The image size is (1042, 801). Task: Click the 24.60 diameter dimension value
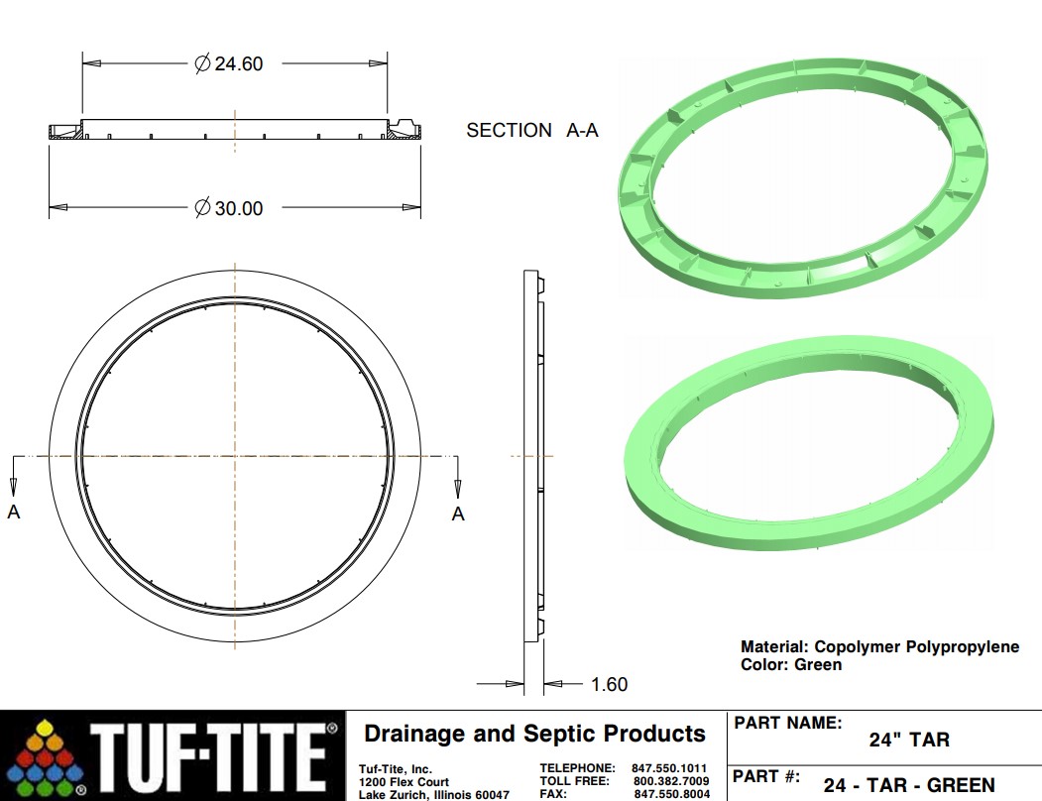(x=238, y=63)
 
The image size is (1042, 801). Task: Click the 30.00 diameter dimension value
(x=238, y=208)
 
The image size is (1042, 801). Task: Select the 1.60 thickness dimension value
(x=609, y=684)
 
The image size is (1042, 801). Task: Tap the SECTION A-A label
(x=532, y=130)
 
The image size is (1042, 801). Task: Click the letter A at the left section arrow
(x=14, y=513)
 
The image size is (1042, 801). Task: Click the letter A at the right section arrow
(x=458, y=514)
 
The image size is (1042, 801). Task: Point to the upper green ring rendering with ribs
(x=803, y=178)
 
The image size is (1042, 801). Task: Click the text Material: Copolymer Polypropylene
(x=879, y=647)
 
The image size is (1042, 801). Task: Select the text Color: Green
(x=790, y=664)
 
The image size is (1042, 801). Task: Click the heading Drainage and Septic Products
(x=534, y=735)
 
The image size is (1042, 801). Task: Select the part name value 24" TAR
(x=909, y=740)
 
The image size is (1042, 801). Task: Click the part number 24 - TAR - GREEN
(x=908, y=785)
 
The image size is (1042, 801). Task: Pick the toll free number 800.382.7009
(x=671, y=781)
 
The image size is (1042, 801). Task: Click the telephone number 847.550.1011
(x=669, y=768)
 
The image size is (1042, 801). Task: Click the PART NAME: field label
(x=788, y=723)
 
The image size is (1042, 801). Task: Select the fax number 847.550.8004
(x=671, y=794)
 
